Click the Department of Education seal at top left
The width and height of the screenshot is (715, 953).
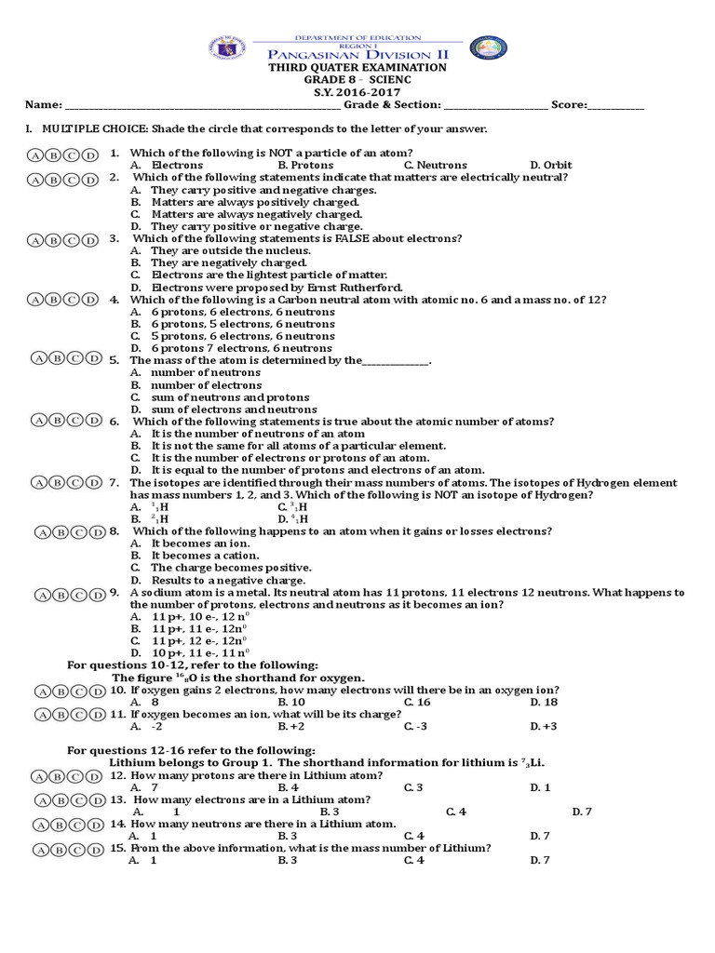click(x=228, y=49)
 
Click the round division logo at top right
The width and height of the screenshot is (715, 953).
click(x=488, y=50)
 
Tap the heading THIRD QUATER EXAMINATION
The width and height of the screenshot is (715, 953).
click(x=357, y=68)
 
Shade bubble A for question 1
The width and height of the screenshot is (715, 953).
click(x=35, y=154)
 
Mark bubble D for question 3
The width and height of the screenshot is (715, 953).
click(x=90, y=240)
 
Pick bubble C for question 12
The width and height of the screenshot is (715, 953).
click(x=73, y=776)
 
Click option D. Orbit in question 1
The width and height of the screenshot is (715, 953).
click(x=551, y=165)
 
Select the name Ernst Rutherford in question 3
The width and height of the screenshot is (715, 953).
click(x=350, y=288)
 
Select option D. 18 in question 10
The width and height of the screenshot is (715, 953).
click(x=544, y=703)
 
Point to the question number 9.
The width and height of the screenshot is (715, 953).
click(x=114, y=592)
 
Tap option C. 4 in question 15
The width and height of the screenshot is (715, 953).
click(x=414, y=860)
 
